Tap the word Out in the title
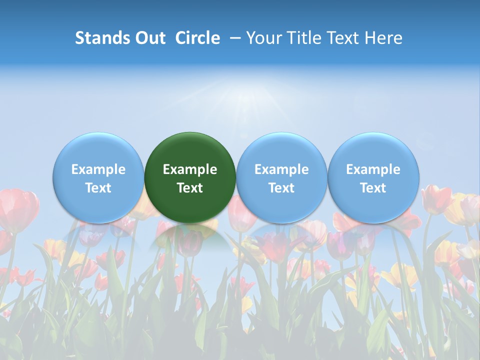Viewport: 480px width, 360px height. (x=149, y=38)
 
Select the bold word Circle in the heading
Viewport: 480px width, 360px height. (x=197, y=38)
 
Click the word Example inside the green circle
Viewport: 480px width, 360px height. (x=190, y=169)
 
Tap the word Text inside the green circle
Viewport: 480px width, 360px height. (x=190, y=188)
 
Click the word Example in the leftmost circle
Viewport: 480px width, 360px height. (x=98, y=169)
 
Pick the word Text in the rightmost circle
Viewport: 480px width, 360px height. (x=373, y=188)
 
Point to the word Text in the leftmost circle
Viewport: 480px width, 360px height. (x=98, y=188)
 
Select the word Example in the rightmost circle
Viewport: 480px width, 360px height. (x=373, y=169)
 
